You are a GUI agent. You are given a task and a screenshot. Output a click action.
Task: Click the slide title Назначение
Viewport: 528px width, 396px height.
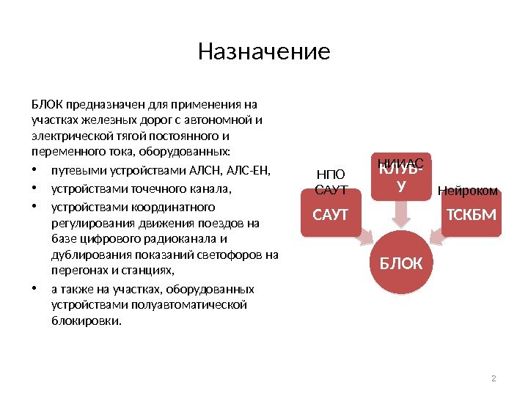pyautogui.click(x=264, y=52)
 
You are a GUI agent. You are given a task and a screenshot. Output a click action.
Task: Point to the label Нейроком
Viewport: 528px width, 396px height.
pyautogui.click(x=468, y=191)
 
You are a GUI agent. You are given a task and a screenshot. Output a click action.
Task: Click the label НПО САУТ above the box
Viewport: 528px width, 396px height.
pyautogui.click(x=329, y=182)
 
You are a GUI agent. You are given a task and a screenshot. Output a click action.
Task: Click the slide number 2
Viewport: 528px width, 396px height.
pyautogui.click(x=494, y=378)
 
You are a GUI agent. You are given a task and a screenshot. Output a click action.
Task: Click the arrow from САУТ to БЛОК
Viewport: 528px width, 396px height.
pyautogui.click(x=364, y=235)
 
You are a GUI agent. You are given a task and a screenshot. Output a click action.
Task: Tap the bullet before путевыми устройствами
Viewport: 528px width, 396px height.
pyautogui.click(x=34, y=172)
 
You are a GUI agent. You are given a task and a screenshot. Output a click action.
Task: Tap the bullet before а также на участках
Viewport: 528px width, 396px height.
pyautogui.click(x=34, y=288)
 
